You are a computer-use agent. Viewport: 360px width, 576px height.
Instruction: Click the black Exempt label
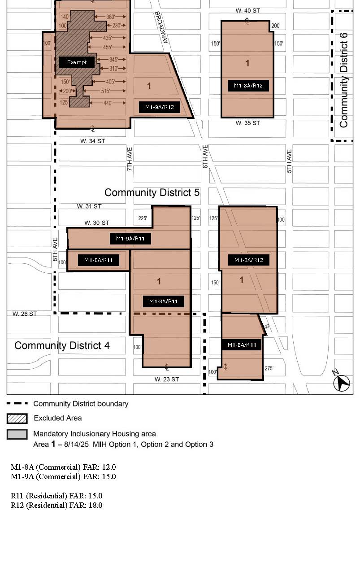(x=77, y=62)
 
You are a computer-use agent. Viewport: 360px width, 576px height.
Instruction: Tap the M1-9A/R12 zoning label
(x=159, y=107)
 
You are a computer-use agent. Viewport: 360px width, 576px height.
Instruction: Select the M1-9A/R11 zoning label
(x=130, y=239)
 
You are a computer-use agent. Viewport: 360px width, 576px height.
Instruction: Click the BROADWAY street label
(x=161, y=27)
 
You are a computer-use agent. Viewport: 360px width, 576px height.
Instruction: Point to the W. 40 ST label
(x=248, y=11)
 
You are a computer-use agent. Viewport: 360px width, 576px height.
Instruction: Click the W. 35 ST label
(x=248, y=123)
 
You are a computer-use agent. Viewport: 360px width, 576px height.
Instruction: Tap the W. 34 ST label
(x=92, y=141)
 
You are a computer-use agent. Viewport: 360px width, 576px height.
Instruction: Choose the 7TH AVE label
(x=130, y=159)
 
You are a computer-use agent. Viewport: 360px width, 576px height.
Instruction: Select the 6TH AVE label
(x=205, y=157)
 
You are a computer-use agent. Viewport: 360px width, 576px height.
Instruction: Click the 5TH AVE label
(x=289, y=161)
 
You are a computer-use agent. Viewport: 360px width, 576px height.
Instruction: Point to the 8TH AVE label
(x=55, y=249)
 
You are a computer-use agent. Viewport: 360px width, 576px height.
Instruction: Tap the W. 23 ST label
(x=167, y=379)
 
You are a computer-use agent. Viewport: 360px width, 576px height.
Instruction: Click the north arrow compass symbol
(x=341, y=381)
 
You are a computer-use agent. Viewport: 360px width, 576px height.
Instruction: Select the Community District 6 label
(x=343, y=80)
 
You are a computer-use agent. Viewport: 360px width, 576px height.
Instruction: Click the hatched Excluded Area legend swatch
(x=17, y=419)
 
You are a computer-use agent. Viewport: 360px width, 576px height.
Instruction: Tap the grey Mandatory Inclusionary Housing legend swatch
(x=17, y=434)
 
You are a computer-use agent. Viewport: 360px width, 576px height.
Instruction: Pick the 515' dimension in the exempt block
(x=105, y=91)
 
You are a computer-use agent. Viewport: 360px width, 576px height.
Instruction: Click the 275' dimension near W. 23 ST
(x=269, y=368)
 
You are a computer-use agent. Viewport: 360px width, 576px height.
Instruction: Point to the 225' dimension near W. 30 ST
(x=143, y=218)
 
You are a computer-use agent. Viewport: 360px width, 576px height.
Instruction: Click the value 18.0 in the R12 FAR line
(x=95, y=505)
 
